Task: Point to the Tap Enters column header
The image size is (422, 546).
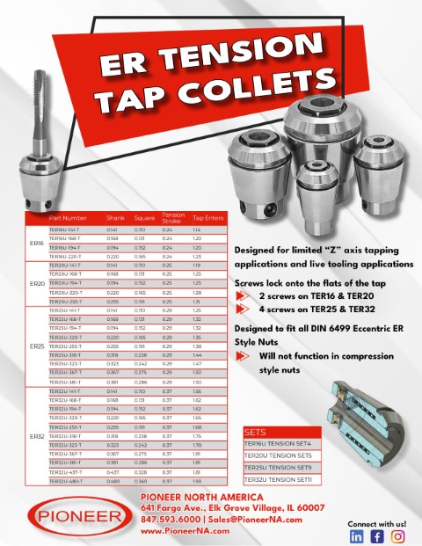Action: [208, 217]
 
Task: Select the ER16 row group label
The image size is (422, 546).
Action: [37, 243]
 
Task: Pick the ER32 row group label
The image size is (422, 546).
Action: [37, 436]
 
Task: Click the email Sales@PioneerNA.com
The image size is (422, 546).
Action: [256, 520]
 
